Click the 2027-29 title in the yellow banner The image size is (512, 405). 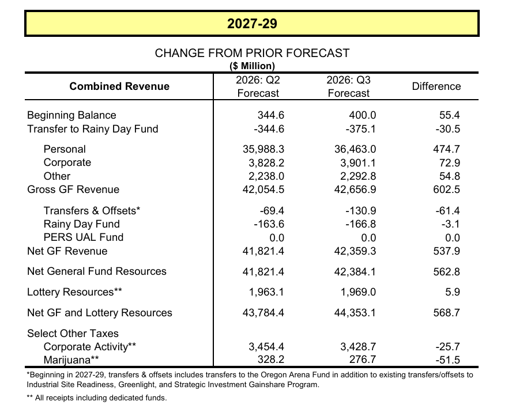(x=252, y=24)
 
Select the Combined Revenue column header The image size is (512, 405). (x=119, y=86)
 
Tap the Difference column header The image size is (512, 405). (x=436, y=86)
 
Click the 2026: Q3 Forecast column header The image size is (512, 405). (x=348, y=86)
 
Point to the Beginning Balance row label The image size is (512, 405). (x=71, y=115)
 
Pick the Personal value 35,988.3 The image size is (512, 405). (x=263, y=149)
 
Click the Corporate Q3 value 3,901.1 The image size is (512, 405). (x=358, y=163)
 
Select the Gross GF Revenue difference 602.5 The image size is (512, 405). (x=446, y=190)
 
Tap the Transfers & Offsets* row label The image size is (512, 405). (x=92, y=211)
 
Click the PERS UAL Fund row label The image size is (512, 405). (x=84, y=237)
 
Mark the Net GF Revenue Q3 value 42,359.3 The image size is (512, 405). (x=355, y=251)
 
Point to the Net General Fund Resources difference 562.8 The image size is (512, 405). (x=446, y=271)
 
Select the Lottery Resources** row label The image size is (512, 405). (x=74, y=292)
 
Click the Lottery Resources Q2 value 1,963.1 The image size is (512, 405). (x=266, y=292)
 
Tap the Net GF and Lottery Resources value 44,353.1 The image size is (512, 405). (x=355, y=313)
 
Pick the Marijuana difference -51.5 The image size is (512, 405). (x=447, y=360)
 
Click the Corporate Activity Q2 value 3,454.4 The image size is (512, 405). (x=266, y=347)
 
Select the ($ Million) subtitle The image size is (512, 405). (x=252, y=66)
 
